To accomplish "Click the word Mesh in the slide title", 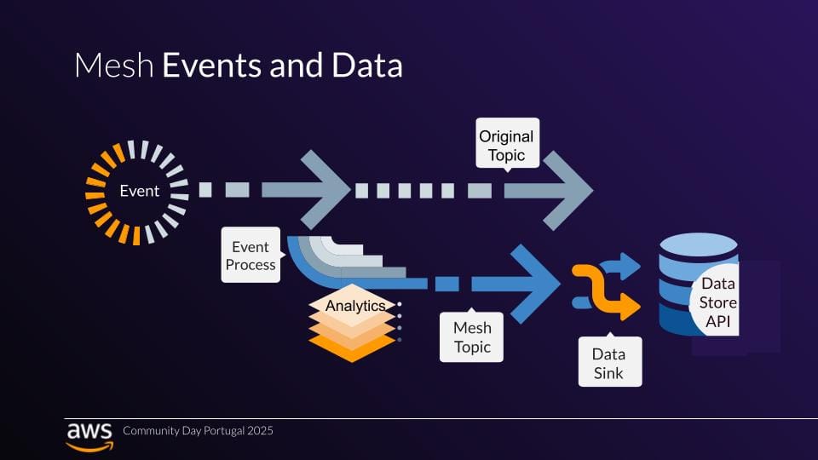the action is (x=114, y=66).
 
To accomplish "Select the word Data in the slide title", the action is (x=366, y=66).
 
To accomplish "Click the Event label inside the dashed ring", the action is (x=139, y=191).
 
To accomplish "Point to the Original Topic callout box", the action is (x=507, y=143).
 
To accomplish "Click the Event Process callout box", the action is (x=251, y=255).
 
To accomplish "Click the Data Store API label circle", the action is (x=716, y=302).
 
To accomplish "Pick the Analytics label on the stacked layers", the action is (x=355, y=306).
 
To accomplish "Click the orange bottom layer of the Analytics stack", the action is (x=352, y=348).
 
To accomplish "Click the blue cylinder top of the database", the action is (x=699, y=244).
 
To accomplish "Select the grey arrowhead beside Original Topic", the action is (x=567, y=191).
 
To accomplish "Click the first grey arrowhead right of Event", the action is (x=325, y=190).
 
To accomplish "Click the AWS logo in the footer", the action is (x=89, y=436).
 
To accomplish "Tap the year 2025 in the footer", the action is (x=261, y=431).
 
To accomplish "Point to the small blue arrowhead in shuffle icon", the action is (x=630, y=266).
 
